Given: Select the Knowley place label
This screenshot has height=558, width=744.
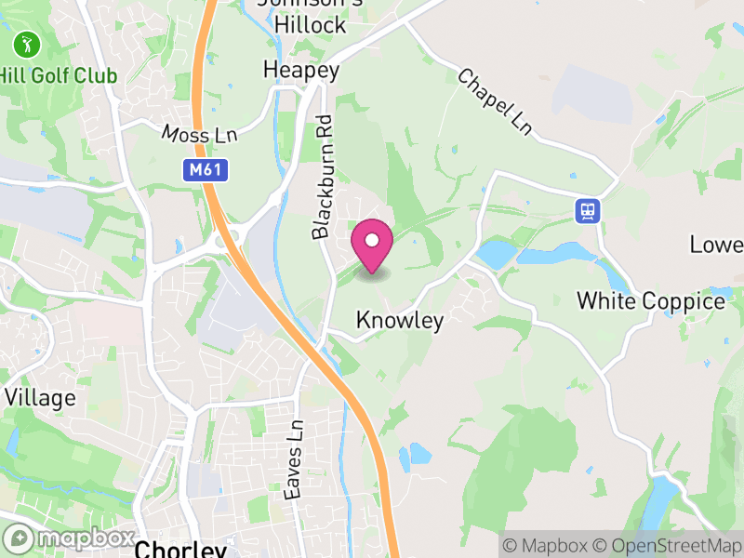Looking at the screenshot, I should (400, 320).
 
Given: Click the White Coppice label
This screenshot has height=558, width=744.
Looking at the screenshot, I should (650, 301).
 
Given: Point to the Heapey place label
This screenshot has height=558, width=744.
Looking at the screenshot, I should (301, 70).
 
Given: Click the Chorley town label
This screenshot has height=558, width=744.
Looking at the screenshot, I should (181, 548).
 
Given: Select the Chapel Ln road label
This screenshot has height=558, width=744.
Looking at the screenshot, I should (494, 101).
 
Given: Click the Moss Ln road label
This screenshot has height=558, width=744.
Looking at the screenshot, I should (199, 135).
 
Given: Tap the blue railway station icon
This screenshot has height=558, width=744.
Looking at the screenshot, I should (588, 210).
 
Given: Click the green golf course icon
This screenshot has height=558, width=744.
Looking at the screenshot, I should (26, 44).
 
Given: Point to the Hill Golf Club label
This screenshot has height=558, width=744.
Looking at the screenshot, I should (58, 75).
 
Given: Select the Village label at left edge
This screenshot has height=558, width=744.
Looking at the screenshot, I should (40, 397).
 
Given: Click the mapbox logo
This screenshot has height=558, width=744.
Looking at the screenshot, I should (70, 538).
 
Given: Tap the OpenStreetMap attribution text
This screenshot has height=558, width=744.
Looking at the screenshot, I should (667, 545).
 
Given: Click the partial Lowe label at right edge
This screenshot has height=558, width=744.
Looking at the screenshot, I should (716, 245).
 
